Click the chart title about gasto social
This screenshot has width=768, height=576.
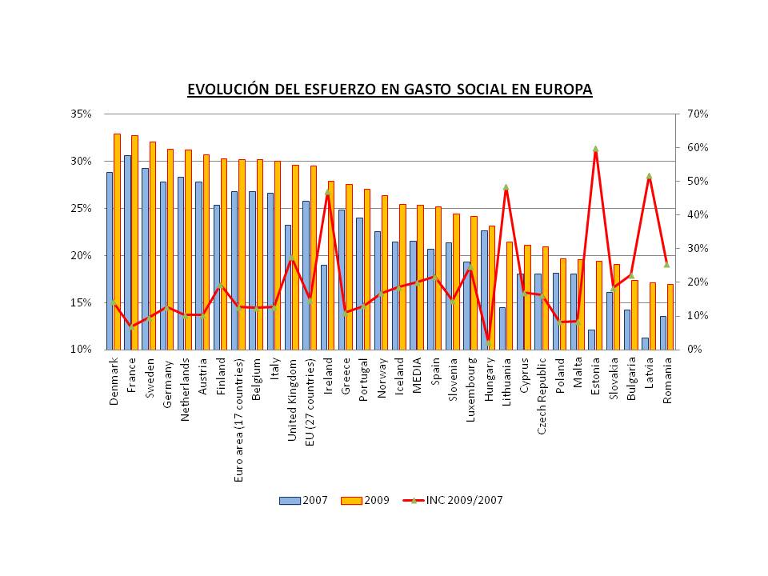point(390,89)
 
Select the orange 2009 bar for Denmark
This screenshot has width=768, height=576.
point(117,240)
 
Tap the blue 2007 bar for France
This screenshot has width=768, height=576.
point(127,252)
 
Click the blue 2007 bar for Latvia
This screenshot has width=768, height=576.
point(645,344)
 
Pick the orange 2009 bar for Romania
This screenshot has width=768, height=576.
point(670,317)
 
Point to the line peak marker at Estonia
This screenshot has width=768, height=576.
point(595,149)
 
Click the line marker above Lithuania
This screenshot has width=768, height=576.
point(506,187)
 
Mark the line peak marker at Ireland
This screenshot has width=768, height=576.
point(327,192)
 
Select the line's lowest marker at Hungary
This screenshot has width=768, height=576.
point(488,342)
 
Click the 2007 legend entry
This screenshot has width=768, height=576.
point(304,500)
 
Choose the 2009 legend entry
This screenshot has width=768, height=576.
point(366,500)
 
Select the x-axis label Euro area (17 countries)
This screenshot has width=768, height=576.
point(238,417)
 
